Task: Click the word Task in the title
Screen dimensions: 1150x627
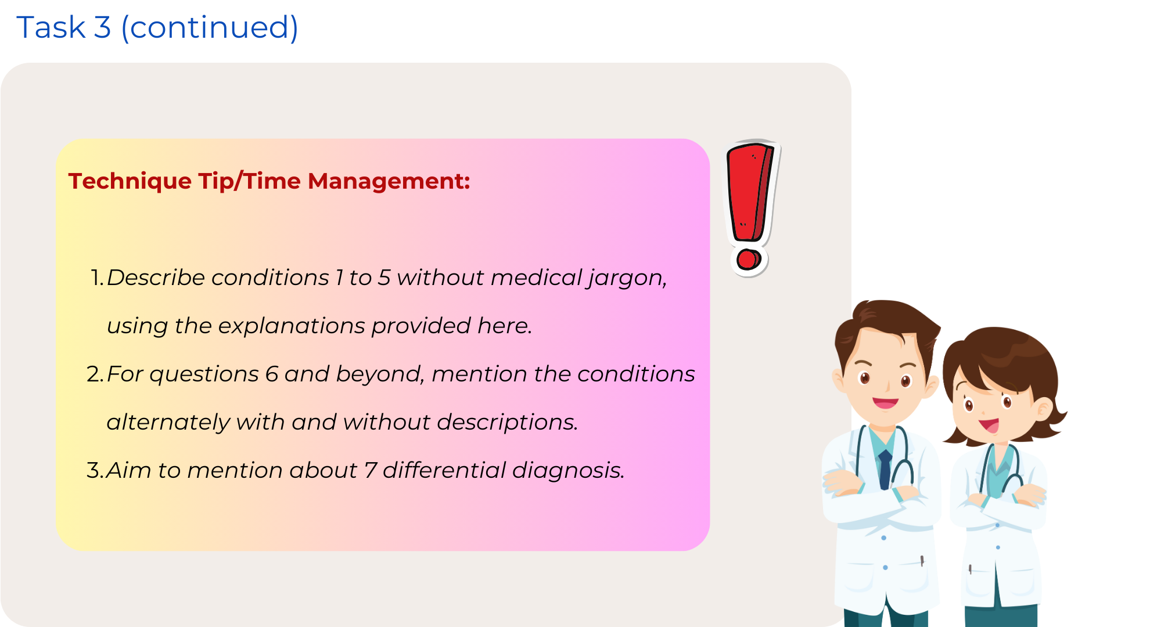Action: tap(51, 27)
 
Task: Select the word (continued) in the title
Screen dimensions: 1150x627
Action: tap(210, 28)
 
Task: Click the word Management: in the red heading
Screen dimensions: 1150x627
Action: tap(389, 182)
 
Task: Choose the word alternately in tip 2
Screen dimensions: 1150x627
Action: tap(168, 423)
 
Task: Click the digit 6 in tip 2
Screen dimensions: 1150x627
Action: tap(272, 374)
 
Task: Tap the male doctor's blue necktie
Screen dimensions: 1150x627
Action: tap(885, 470)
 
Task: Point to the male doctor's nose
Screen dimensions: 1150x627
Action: tap(888, 384)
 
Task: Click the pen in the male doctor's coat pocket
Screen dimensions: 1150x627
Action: tap(922, 561)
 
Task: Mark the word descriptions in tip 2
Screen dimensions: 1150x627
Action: tap(507, 423)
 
